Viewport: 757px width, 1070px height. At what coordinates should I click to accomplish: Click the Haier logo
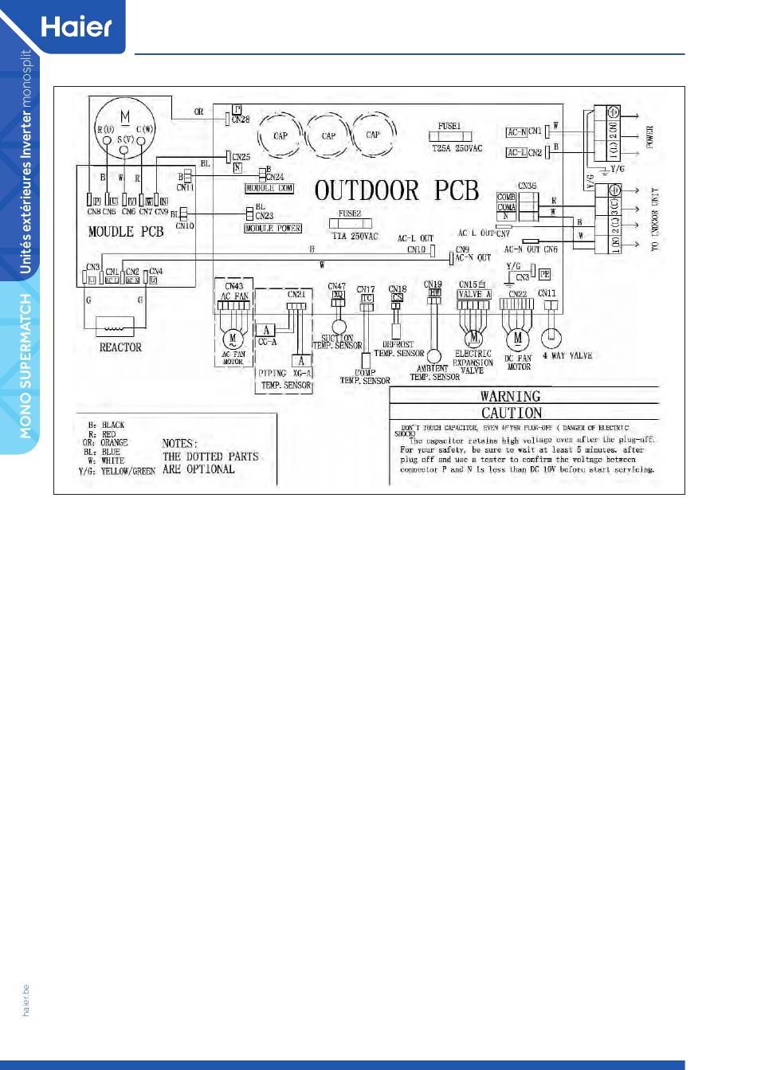tap(76, 26)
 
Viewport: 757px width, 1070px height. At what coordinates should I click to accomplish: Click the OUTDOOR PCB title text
tap(396, 191)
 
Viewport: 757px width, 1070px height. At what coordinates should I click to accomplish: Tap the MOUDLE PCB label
tap(125, 232)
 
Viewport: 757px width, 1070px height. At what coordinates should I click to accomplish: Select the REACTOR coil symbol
tap(115, 327)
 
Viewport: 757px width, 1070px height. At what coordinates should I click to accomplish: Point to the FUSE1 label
tap(449, 126)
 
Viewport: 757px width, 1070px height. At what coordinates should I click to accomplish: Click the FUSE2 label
tap(349, 214)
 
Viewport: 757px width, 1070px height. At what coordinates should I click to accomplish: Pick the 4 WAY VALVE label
tap(567, 355)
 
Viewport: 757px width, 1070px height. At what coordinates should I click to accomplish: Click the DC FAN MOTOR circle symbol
tap(518, 338)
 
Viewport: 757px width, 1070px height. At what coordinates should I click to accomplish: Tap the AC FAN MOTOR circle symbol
tap(233, 339)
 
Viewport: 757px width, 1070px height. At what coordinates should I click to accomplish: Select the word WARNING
tap(510, 396)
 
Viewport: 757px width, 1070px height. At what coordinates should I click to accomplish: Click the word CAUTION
tap(512, 413)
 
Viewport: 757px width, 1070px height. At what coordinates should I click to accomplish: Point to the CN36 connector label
tap(527, 186)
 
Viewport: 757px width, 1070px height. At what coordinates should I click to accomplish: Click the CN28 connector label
tap(241, 120)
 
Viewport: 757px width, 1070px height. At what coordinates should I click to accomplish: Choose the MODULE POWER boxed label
tap(273, 229)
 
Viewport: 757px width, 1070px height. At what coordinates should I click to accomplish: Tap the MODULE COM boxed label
tap(269, 189)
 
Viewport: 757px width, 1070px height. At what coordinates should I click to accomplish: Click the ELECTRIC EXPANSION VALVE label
tap(473, 362)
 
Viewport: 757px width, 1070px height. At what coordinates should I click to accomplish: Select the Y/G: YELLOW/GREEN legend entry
tap(116, 471)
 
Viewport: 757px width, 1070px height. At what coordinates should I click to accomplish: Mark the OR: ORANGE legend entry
tap(105, 443)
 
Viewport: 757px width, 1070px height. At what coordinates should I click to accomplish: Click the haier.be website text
tap(25, 1000)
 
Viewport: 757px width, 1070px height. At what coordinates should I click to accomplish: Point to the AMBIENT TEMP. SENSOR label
tap(434, 373)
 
